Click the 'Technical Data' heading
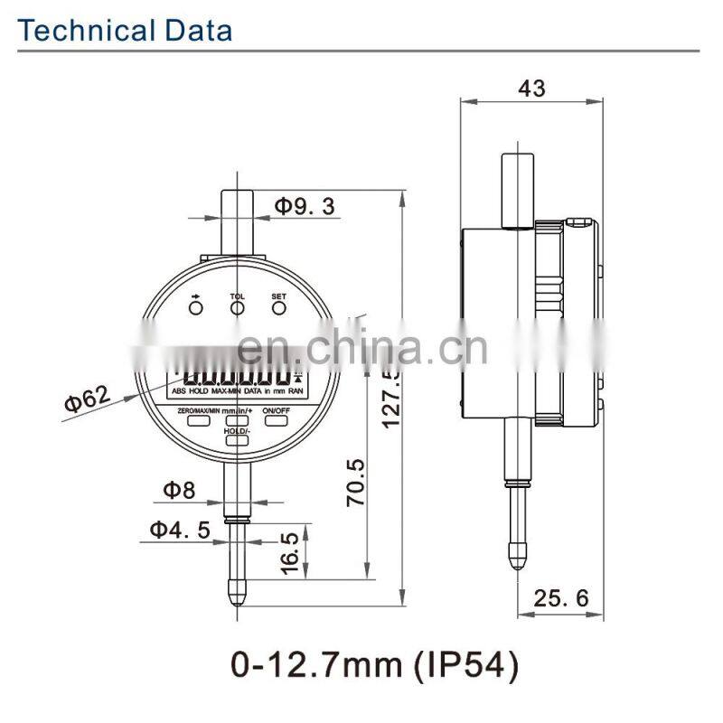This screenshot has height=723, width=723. [126, 30]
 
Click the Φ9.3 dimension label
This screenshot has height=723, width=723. [305, 206]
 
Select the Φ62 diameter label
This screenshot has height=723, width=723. [86, 399]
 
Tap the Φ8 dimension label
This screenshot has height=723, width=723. [178, 490]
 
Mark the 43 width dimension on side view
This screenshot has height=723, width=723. [531, 88]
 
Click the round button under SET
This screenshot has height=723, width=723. [278, 309]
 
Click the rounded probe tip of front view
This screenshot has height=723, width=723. [237, 597]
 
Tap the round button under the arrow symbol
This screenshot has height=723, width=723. [196, 309]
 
